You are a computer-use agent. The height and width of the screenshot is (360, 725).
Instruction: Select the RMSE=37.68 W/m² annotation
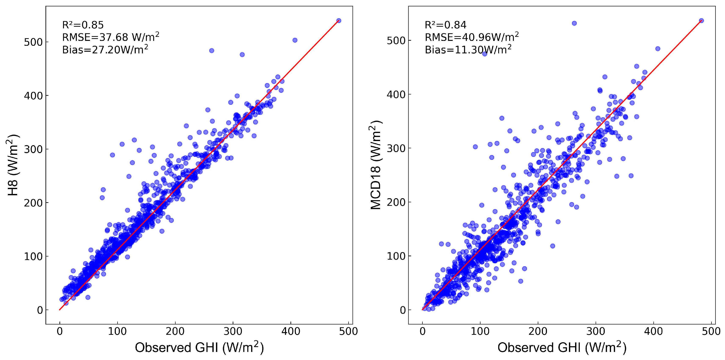(x=111, y=37)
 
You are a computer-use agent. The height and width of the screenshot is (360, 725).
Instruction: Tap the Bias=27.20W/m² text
(x=105, y=50)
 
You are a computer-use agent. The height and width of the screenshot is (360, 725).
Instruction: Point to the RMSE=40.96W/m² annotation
(x=472, y=37)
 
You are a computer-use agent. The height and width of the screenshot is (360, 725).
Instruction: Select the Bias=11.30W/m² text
(x=468, y=50)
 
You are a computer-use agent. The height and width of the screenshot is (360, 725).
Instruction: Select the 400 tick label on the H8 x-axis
(x=291, y=331)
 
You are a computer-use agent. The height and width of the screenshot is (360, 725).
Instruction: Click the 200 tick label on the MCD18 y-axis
(x=396, y=202)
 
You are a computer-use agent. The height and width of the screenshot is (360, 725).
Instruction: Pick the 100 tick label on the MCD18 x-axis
(x=480, y=331)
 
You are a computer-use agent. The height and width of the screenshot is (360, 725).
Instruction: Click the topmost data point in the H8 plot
(x=339, y=21)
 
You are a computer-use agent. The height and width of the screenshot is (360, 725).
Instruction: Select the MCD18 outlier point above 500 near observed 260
(x=574, y=23)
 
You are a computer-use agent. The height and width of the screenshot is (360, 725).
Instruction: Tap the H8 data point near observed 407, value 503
(x=295, y=40)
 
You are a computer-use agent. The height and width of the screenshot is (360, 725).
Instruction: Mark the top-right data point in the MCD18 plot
(x=701, y=21)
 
